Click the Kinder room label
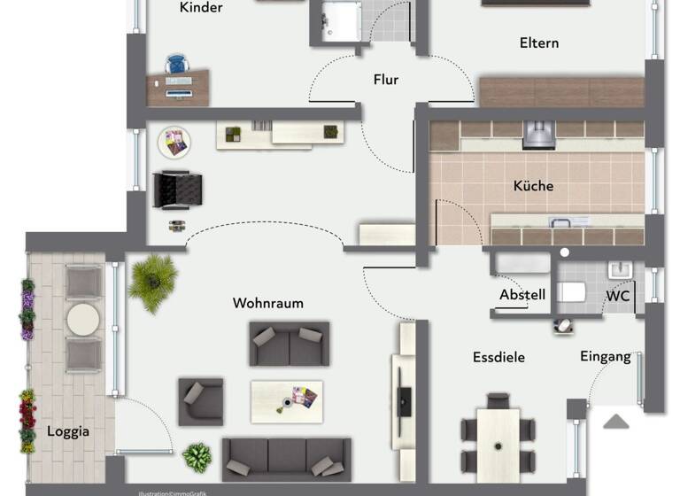(201, 8)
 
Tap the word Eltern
(539, 43)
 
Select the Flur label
(385, 80)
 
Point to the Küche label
(533, 186)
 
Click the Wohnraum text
(267, 303)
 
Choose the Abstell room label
(522, 295)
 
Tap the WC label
(617, 296)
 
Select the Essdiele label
(498, 357)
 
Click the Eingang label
(606, 356)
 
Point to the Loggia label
(68, 432)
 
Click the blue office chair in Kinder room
(177, 64)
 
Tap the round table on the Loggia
(83, 320)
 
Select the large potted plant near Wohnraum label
(152, 282)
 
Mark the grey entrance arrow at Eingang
(616, 422)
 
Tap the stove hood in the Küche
(538, 135)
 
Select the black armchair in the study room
(178, 189)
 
